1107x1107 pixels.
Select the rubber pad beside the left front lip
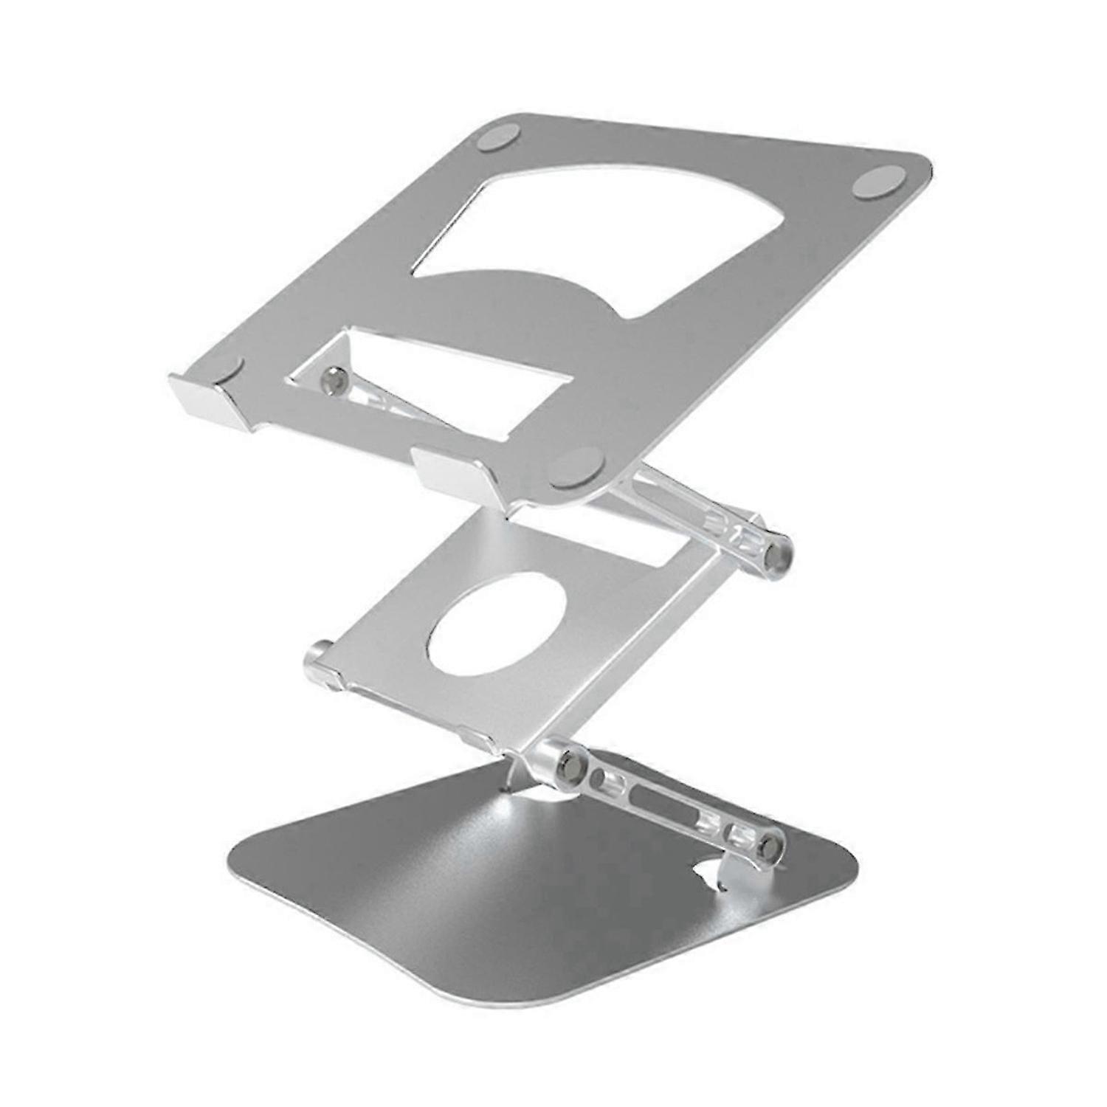(230, 370)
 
